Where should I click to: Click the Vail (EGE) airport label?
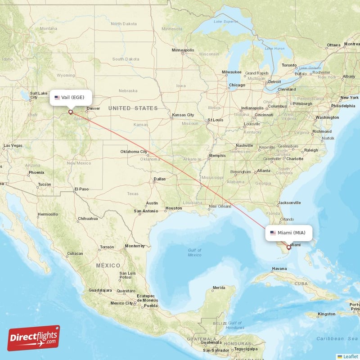coord(71,97)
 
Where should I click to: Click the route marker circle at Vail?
coord(70,112)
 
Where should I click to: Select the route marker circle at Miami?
coord(289,247)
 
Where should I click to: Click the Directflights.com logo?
coord(34,338)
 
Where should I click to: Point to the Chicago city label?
coord(237,85)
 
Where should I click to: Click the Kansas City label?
coord(183,115)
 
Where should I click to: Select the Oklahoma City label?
coord(134,152)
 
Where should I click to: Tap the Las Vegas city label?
coord(13,146)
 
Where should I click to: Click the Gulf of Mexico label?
coord(195,252)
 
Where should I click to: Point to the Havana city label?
coord(279,269)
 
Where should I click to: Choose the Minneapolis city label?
coord(183,50)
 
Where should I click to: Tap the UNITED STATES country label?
coord(133,108)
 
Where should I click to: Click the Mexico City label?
coord(122,303)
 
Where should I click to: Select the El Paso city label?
coord(81,189)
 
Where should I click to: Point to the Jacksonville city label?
coord(289,202)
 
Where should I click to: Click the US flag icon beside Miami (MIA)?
coord(273,233)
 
